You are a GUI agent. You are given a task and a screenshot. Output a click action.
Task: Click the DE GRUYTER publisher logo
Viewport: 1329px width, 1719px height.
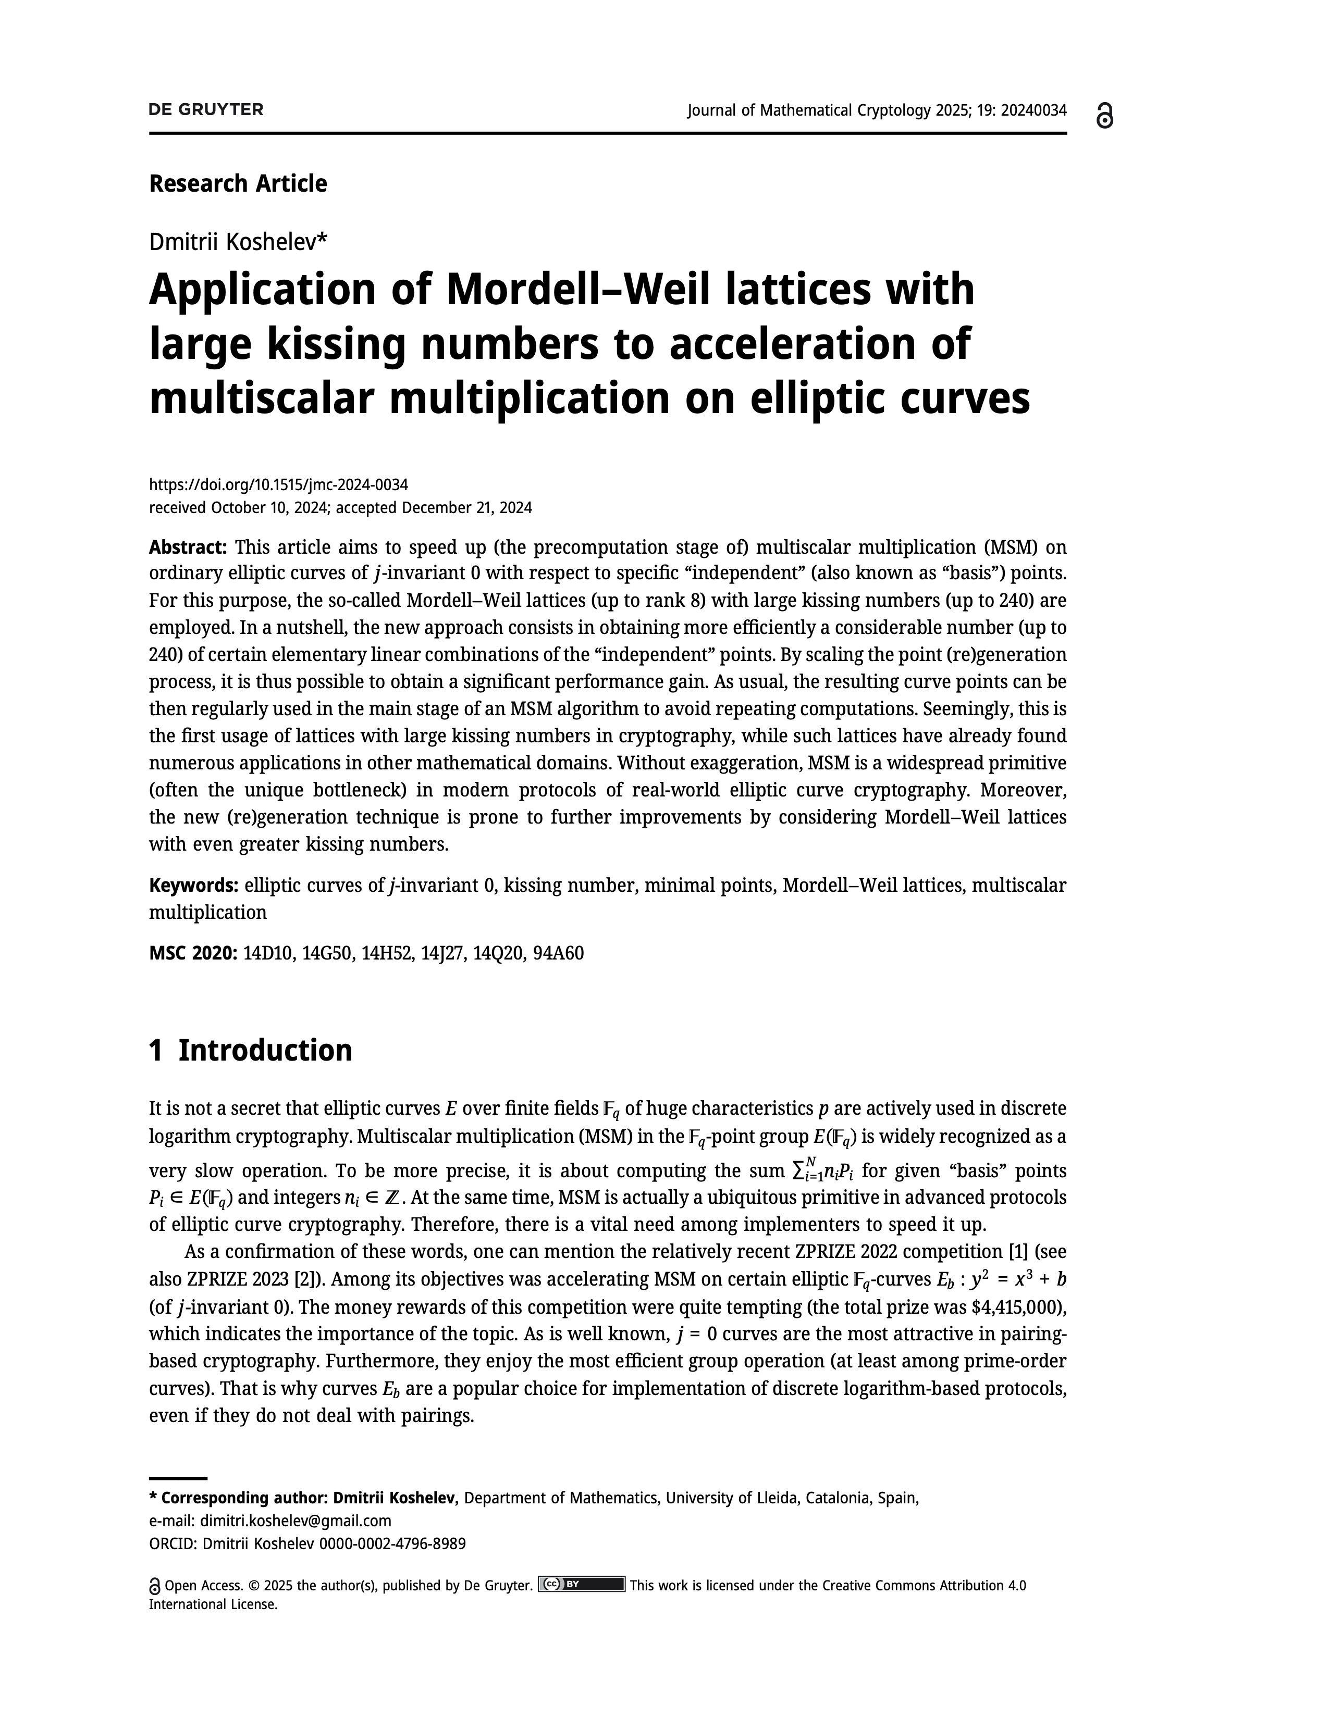click(206, 109)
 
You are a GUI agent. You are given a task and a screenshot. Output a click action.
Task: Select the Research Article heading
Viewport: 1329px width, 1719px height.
click(238, 183)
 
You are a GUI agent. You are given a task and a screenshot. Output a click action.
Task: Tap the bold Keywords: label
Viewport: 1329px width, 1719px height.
click(194, 886)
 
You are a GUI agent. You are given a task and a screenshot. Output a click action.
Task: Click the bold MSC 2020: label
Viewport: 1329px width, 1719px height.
click(193, 953)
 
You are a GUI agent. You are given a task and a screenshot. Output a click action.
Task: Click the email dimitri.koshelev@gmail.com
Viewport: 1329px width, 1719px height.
click(295, 1521)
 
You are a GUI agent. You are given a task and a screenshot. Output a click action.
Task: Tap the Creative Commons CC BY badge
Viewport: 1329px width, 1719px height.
click(581, 1585)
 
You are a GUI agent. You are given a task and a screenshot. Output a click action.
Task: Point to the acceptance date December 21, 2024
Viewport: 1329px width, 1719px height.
click(467, 508)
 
